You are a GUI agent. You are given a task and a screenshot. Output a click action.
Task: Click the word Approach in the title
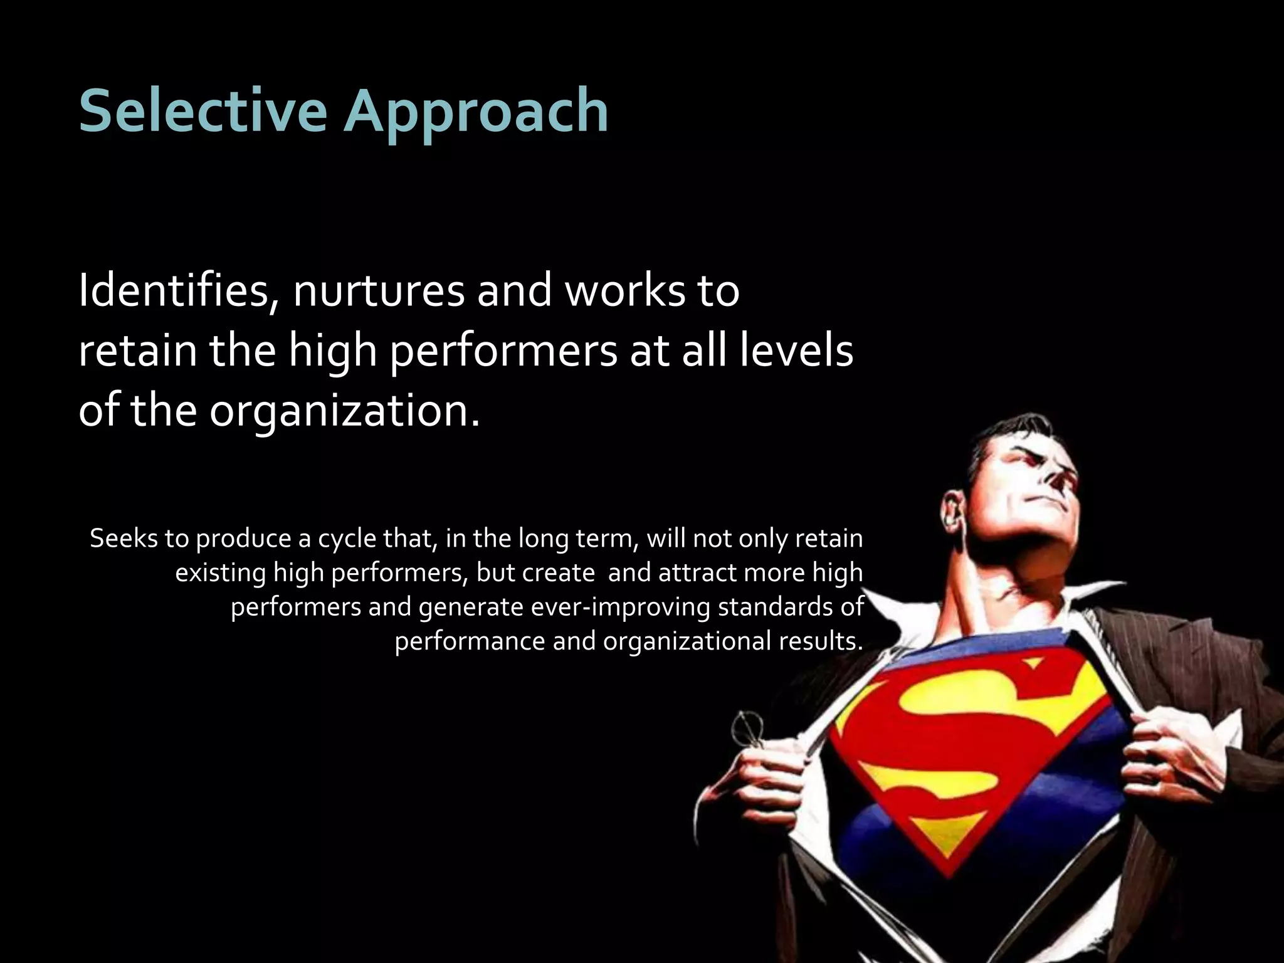coord(475,113)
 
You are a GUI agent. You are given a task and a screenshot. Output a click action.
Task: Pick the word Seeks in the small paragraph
coord(122,539)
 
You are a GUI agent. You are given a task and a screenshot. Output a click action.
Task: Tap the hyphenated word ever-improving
coord(620,608)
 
